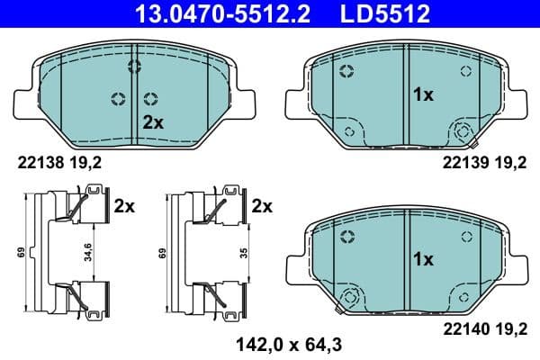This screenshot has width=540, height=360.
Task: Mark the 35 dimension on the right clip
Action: [x=244, y=252]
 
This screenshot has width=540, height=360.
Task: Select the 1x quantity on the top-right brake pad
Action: [x=423, y=94]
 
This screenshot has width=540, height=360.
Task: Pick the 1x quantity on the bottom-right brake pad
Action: [x=423, y=258]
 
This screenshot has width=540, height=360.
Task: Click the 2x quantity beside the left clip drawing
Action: [x=124, y=206]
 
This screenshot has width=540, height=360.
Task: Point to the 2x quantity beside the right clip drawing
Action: [x=262, y=206]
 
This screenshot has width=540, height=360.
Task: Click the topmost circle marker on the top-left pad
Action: [x=135, y=66]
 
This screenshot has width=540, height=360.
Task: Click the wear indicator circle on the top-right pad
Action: [x=463, y=131]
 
